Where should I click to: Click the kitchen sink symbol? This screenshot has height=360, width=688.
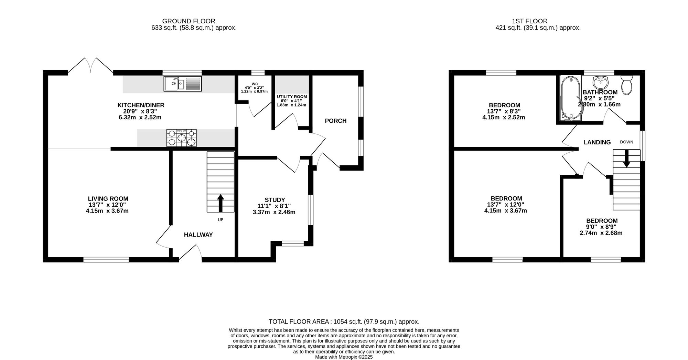tap(183, 84)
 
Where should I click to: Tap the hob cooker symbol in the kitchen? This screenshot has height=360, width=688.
tap(182, 138)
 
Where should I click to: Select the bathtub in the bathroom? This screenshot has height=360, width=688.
tap(570, 98)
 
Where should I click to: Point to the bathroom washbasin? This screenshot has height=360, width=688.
tap(600, 82)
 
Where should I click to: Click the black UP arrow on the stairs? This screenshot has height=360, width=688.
tap(221, 203)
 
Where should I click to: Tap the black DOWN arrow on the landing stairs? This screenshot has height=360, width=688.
tap(626, 159)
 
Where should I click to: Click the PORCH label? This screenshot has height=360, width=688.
tap(336, 121)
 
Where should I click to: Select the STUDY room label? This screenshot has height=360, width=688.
tap(275, 200)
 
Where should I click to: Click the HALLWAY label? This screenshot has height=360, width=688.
tap(198, 235)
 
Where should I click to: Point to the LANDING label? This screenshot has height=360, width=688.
tap(597, 142)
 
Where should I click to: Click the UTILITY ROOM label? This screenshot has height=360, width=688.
tap(292, 97)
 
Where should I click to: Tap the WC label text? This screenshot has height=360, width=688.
tap(255, 84)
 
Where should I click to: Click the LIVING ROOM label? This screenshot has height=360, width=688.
tap(108, 199)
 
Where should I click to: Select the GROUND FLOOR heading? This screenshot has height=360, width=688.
tap(189, 21)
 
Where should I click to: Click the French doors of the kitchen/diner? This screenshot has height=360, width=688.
tap(90, 65)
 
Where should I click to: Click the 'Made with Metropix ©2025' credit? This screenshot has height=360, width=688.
tap(344, 357)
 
